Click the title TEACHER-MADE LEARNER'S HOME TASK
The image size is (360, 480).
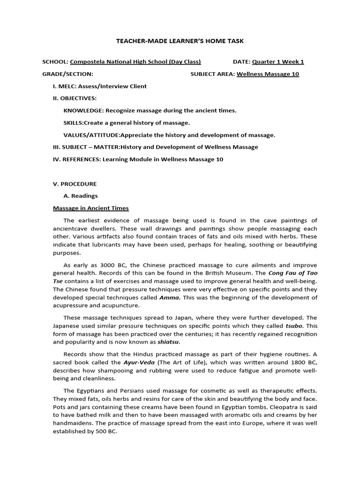pos(180,41)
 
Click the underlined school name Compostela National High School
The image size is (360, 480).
pos(128,61)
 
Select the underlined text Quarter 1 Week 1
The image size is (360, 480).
pos(278,61)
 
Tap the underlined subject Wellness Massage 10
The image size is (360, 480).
pos(268,74)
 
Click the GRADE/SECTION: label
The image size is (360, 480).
pos(68,74)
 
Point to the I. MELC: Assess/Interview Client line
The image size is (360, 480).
pos(100,86)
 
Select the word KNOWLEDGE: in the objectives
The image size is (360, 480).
pos(83,111)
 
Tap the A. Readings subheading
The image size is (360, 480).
pos(81,196)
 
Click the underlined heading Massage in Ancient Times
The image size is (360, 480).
pos(91,208)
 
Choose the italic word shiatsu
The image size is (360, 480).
pos(169,342)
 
